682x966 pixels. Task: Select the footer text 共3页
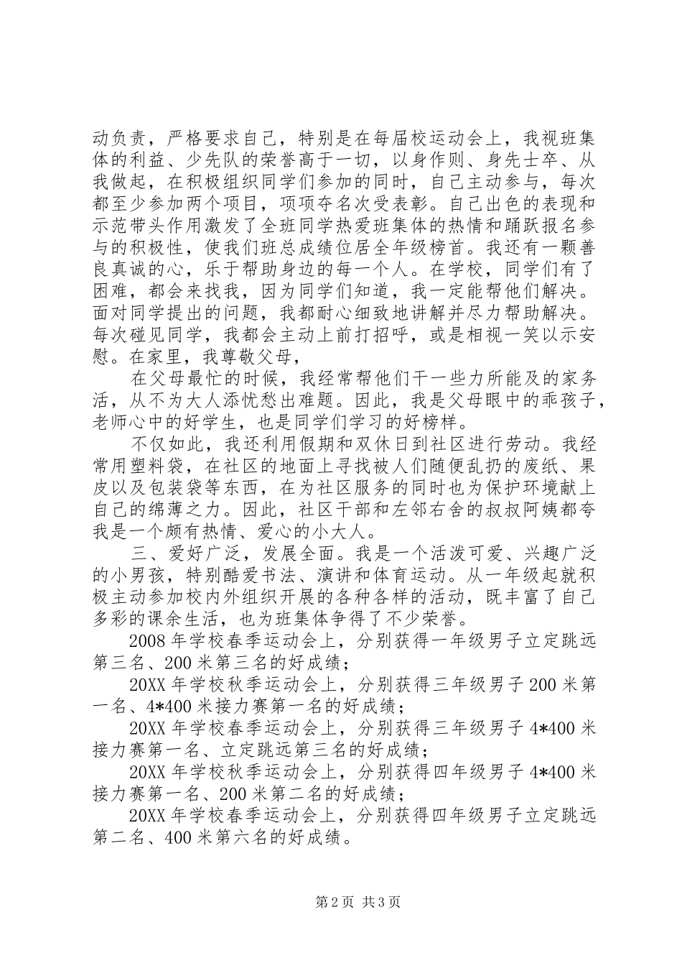[x=381, y=902]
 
